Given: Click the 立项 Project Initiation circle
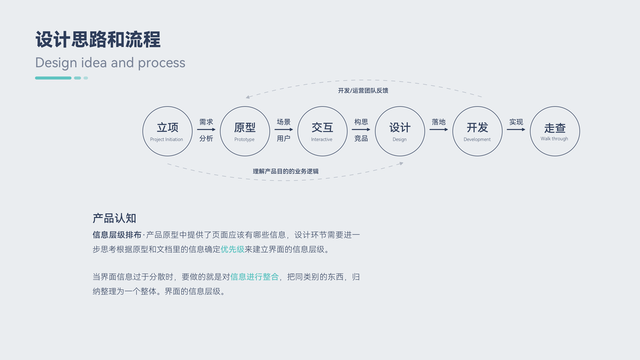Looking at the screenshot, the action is point(167,131).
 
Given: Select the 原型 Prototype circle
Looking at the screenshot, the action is point(245,131).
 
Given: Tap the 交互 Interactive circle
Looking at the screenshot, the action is point(322,131).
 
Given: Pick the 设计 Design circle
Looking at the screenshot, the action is point(400,131).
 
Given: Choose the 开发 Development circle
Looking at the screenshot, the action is point(477,131).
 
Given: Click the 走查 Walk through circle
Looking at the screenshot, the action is point(555,131).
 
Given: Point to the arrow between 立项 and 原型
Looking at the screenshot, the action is point(206,130).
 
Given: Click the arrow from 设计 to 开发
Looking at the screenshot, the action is point(438,130).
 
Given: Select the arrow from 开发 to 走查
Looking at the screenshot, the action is point(516,130).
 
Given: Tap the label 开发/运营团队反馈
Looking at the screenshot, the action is point(363,91).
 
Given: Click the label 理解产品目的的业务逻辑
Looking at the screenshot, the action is point(286,172).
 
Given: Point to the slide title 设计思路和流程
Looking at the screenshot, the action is point(98,40).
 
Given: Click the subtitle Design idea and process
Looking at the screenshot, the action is point(110,62).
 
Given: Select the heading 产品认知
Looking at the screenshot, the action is point(114,218).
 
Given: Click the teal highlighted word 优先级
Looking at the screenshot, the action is point(233,250).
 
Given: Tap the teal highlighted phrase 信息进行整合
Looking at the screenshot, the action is point(254,277).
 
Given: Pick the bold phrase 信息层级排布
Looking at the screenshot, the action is point(117,235).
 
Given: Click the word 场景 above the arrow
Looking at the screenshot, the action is point(284,122).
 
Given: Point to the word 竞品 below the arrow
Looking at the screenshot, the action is point(361,139).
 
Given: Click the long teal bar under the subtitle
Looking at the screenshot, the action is point(53,78).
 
